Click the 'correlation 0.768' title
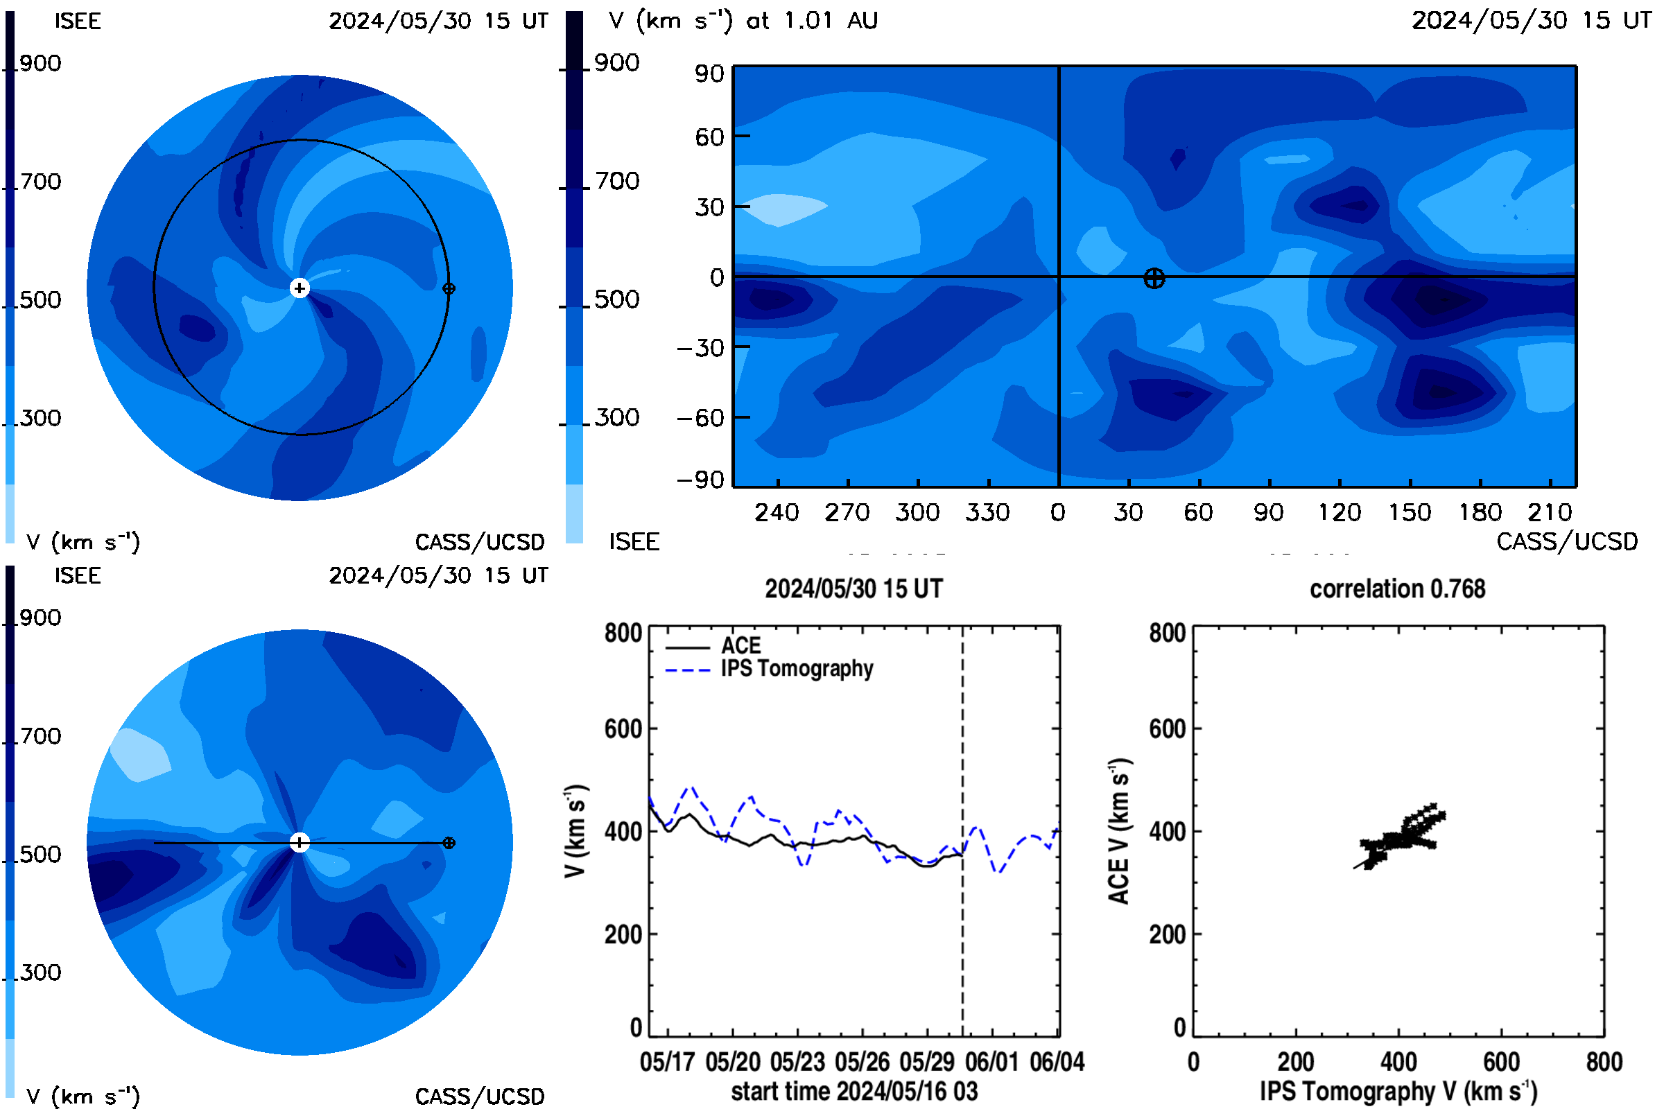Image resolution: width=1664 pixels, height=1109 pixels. (x=1397, y=588)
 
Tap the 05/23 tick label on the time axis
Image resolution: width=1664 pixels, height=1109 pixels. (x=797, y=1062)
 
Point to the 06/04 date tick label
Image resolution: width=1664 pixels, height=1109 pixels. (x=1057, y=1062)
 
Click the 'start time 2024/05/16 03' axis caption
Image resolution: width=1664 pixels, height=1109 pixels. (x=854, y=1091)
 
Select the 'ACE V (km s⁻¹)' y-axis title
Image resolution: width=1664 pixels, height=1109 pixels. (x=1119, y=831)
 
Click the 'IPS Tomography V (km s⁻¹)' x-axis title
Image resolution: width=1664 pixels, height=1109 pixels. (x=1398, y=1091)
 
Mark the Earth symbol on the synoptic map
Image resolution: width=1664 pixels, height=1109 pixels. (x=1154, y=279)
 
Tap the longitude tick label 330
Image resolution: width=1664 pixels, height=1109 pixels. (x=987, y=512)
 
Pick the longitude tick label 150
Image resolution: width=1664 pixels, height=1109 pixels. (x=1410, y=512)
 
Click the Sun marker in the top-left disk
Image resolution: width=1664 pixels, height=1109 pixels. (x=300, y=288)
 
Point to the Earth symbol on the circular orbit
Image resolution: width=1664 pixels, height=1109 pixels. (x=449, y=288)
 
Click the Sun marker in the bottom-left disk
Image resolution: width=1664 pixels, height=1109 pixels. (x=300, y=842)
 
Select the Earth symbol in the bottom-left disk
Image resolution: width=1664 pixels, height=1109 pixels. (x=449, y=843)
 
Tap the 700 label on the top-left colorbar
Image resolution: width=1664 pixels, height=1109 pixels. (x=40, y=182)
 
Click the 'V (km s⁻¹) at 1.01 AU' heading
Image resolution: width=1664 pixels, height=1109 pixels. (x=743, y=21)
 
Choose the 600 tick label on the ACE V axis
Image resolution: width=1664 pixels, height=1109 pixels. (x=1168, y=728)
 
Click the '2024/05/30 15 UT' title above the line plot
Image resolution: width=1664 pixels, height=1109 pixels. (x=854, y=588)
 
